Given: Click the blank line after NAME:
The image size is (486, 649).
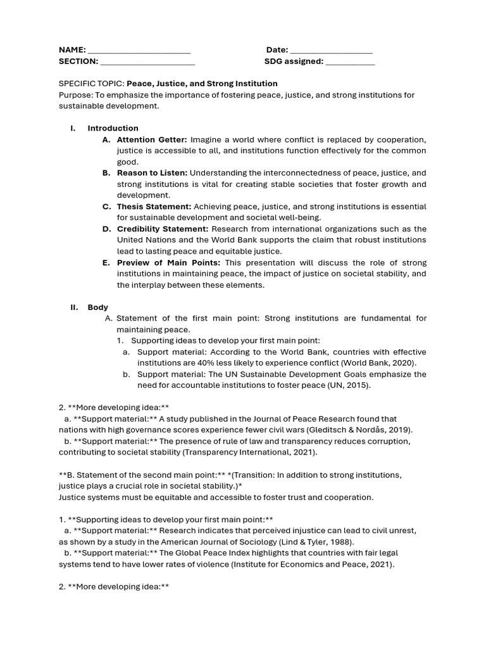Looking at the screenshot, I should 139,51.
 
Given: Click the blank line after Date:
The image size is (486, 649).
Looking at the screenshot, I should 331,51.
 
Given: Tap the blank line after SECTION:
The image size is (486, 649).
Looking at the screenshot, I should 147,62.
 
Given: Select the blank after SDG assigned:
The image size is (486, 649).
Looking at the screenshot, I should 351,62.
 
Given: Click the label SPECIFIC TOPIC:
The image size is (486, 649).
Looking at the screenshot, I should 92,84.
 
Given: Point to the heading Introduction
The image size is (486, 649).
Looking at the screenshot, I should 113,128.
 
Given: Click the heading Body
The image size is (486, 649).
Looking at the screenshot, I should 98,307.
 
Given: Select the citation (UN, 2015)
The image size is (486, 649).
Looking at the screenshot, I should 349,385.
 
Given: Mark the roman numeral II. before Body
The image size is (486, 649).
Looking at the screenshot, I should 75,307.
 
